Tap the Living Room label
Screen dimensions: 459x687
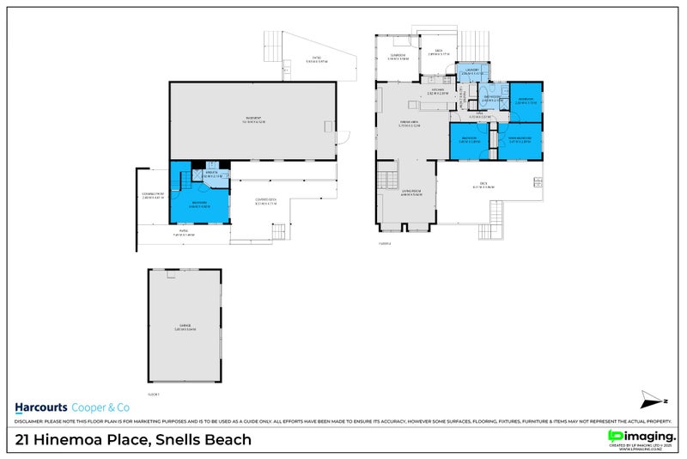pyautogui.click(x=410, y=190)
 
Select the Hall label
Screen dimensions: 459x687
pyautogui.click(x=479, y=117)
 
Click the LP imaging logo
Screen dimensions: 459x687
pyautogui.click(x=640, y=436)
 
